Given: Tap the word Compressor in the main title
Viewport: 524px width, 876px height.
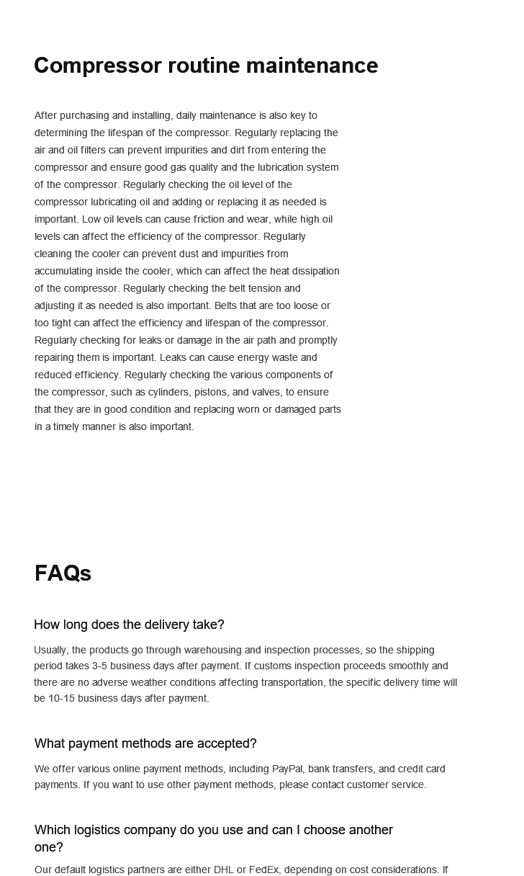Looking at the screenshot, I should point(98,66).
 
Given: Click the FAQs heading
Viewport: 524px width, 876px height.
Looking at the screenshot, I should point(63,573).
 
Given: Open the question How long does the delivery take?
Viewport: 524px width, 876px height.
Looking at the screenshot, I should point(129,625).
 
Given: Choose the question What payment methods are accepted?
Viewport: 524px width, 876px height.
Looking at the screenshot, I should point(145,743).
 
